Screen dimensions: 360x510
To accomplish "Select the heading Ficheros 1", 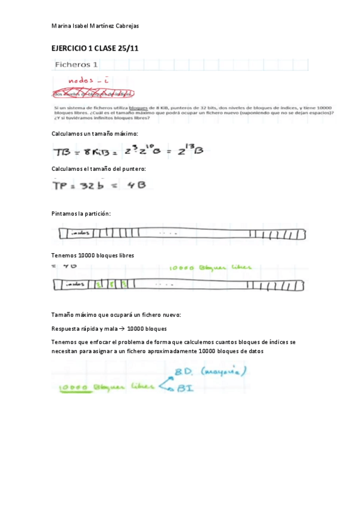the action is pyautogui.click(x=77, y=64).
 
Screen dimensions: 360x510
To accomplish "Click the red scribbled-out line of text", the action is pyautogui.click(x=93, y=93).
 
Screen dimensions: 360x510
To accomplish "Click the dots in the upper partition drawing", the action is pyautogui.click(x=168, y=233).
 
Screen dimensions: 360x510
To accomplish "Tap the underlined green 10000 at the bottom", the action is pyautogui.click(x=75, y=388).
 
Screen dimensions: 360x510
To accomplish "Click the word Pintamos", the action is pyautogui.click(x=65, y=214).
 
